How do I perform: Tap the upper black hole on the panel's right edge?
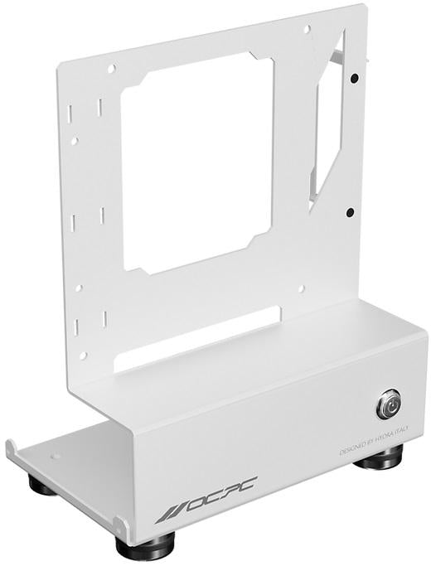point(354,79)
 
